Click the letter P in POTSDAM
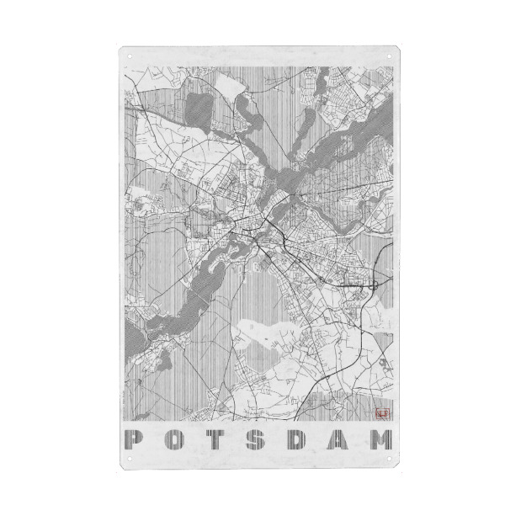pos(132,439)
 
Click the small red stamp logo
pos(383,412)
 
